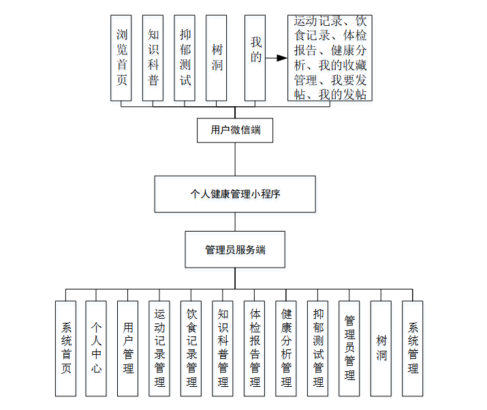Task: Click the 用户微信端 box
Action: point(235,130)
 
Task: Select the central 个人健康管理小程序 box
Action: point(235,194)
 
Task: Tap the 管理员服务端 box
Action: point(235,250)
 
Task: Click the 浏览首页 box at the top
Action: point(121,59)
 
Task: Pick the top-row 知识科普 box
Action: point(153,59)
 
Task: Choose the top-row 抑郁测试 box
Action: point(185,59)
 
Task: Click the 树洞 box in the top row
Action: point(217,59)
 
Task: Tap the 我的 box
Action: point(255,59)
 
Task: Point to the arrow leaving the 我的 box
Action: point(277,59)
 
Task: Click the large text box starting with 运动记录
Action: point(330,59)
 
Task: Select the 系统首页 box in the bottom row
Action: point(65,348)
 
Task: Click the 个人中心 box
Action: point(97,348)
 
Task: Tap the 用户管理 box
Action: point(128,348)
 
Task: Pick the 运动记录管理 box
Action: point(159,348)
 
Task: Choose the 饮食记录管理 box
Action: point(191,348)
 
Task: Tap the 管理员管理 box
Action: point(349,348)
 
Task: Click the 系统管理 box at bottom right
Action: point(413,348)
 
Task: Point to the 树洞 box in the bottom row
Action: point(381,348)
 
